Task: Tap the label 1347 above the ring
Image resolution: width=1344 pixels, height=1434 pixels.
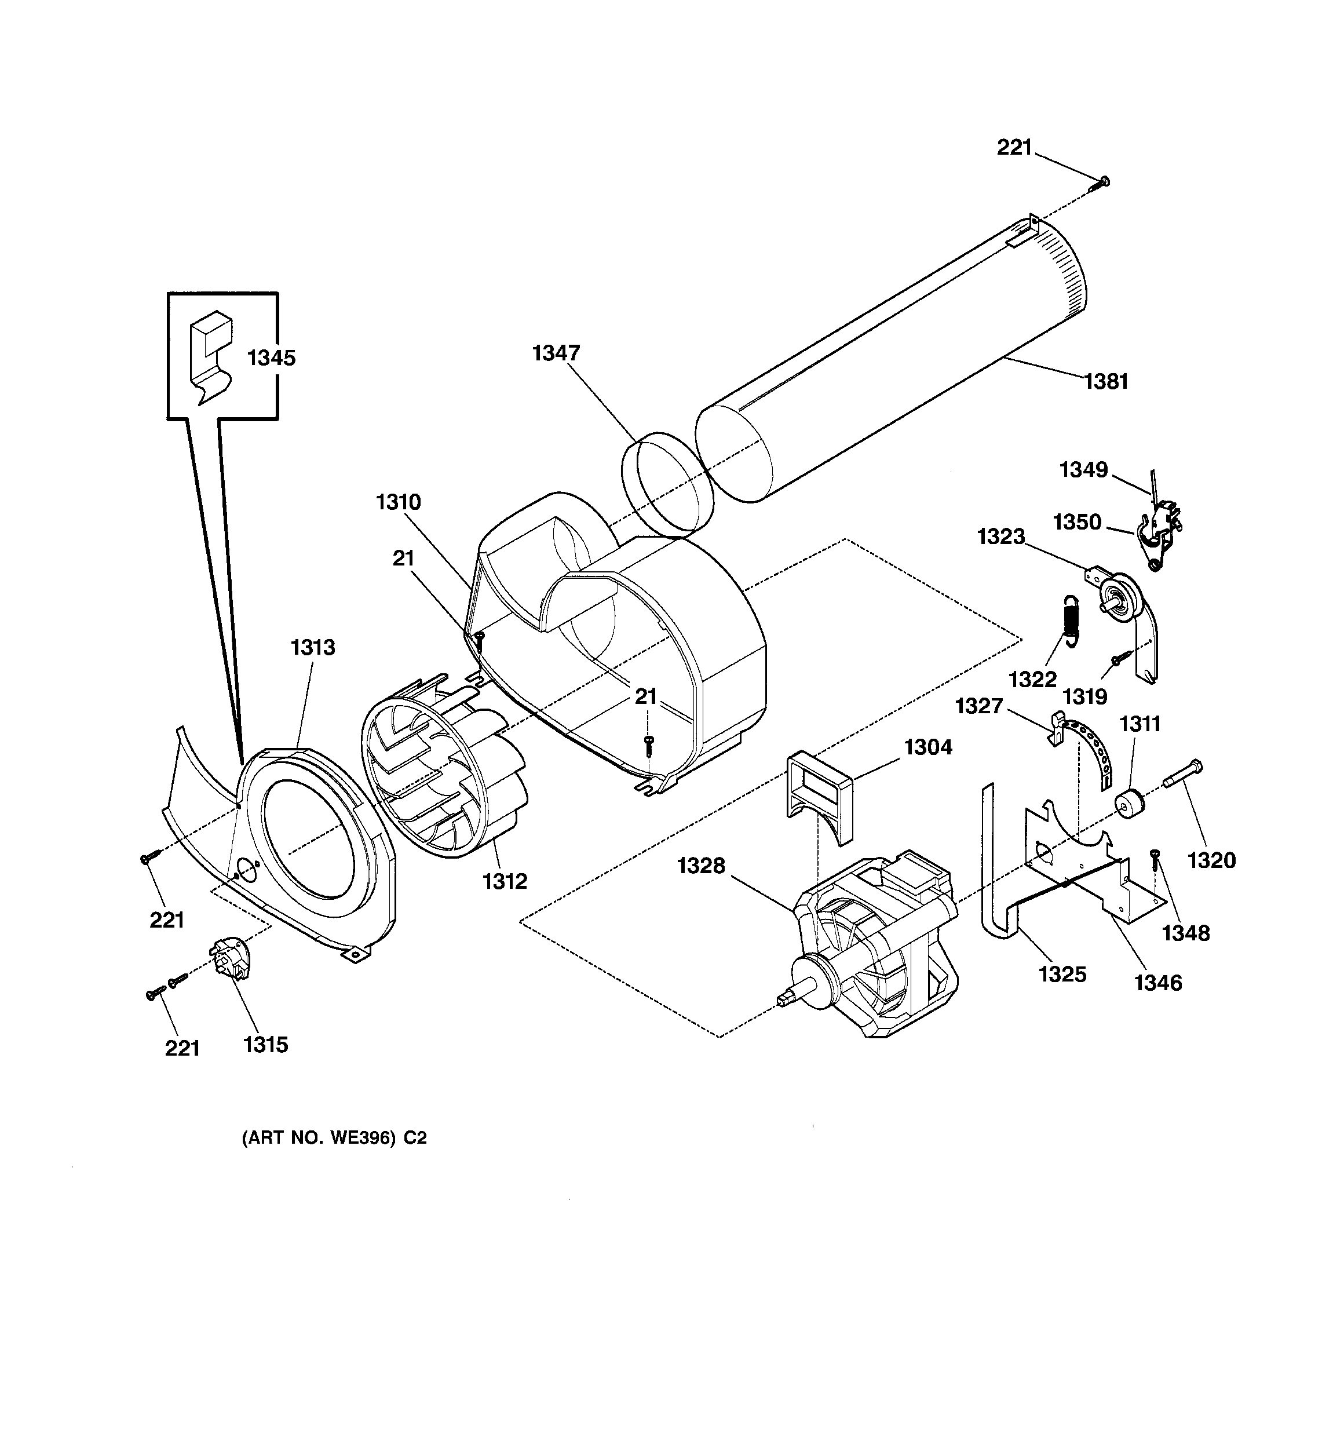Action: coord(556,353)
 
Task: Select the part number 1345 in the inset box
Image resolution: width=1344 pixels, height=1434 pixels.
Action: coord(271,358)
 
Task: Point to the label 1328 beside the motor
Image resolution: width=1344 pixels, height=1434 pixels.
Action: coord(700,865)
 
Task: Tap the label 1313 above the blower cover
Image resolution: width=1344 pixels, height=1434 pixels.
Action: coord(313,647)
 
